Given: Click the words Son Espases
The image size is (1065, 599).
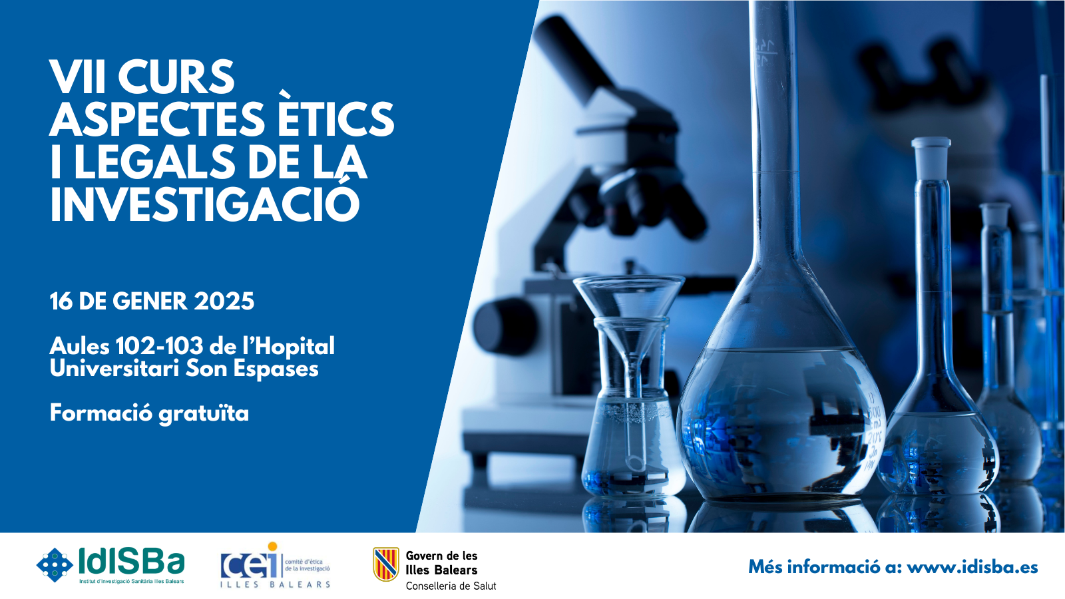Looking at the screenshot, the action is click(252, 369).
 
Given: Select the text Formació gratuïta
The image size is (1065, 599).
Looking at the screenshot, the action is click(149, 413).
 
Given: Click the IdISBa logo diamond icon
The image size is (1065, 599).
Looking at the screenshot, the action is click(55, 565).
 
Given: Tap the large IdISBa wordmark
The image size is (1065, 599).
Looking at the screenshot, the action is click(130, 562).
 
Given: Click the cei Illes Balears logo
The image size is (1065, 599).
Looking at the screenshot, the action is click(276, 565).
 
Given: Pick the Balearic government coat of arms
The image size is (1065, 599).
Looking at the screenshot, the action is click(385, 564).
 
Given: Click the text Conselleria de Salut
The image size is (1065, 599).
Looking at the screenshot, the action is click(451, 586).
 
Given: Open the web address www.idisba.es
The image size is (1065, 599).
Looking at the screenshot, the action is click(972, 567).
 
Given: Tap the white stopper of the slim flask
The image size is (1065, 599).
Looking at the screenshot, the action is click(931, 158).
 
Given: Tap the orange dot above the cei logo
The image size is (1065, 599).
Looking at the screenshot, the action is click(272, 546).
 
